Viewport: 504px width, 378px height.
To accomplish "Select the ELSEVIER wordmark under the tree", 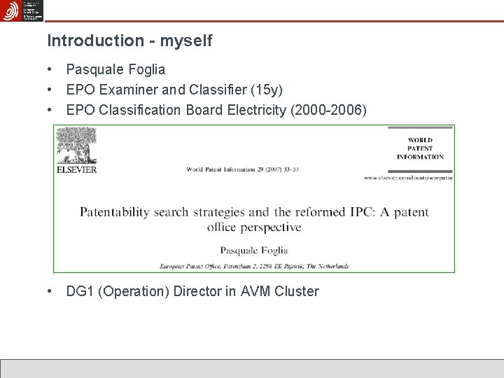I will [77, 169].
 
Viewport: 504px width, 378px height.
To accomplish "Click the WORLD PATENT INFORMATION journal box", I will [420, 149].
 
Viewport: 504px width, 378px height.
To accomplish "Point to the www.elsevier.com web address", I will [409, 178].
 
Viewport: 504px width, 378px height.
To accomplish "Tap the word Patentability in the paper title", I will [114, 211].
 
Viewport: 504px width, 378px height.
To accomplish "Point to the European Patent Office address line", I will [253, 266].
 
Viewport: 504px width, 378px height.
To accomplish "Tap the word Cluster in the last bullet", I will [297, 291].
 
